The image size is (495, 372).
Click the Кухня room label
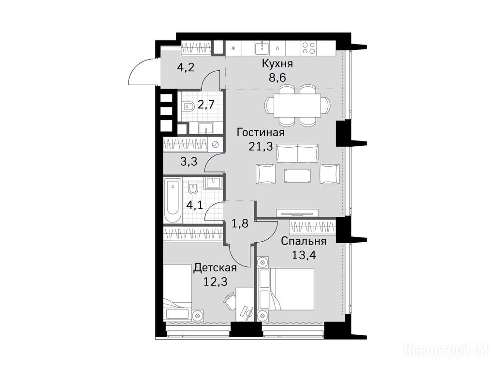[x=277, y=64]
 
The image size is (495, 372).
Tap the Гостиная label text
[x=261, y=132]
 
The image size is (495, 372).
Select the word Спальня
[x=304, y=241]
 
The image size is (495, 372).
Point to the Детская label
[x=215, y=268]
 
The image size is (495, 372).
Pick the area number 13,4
[x=304, y=255]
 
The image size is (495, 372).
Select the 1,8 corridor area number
[x=240, y=223]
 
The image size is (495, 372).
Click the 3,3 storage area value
[x=189, y=161]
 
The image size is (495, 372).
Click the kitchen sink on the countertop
[x=262, y=48]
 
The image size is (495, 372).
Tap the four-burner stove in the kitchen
[x=308, y=48]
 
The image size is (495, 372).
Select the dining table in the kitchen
[x=297, y=105]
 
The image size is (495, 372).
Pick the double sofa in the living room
[x=297, y=153]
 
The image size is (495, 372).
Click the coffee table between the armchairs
[x=297, y=176]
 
